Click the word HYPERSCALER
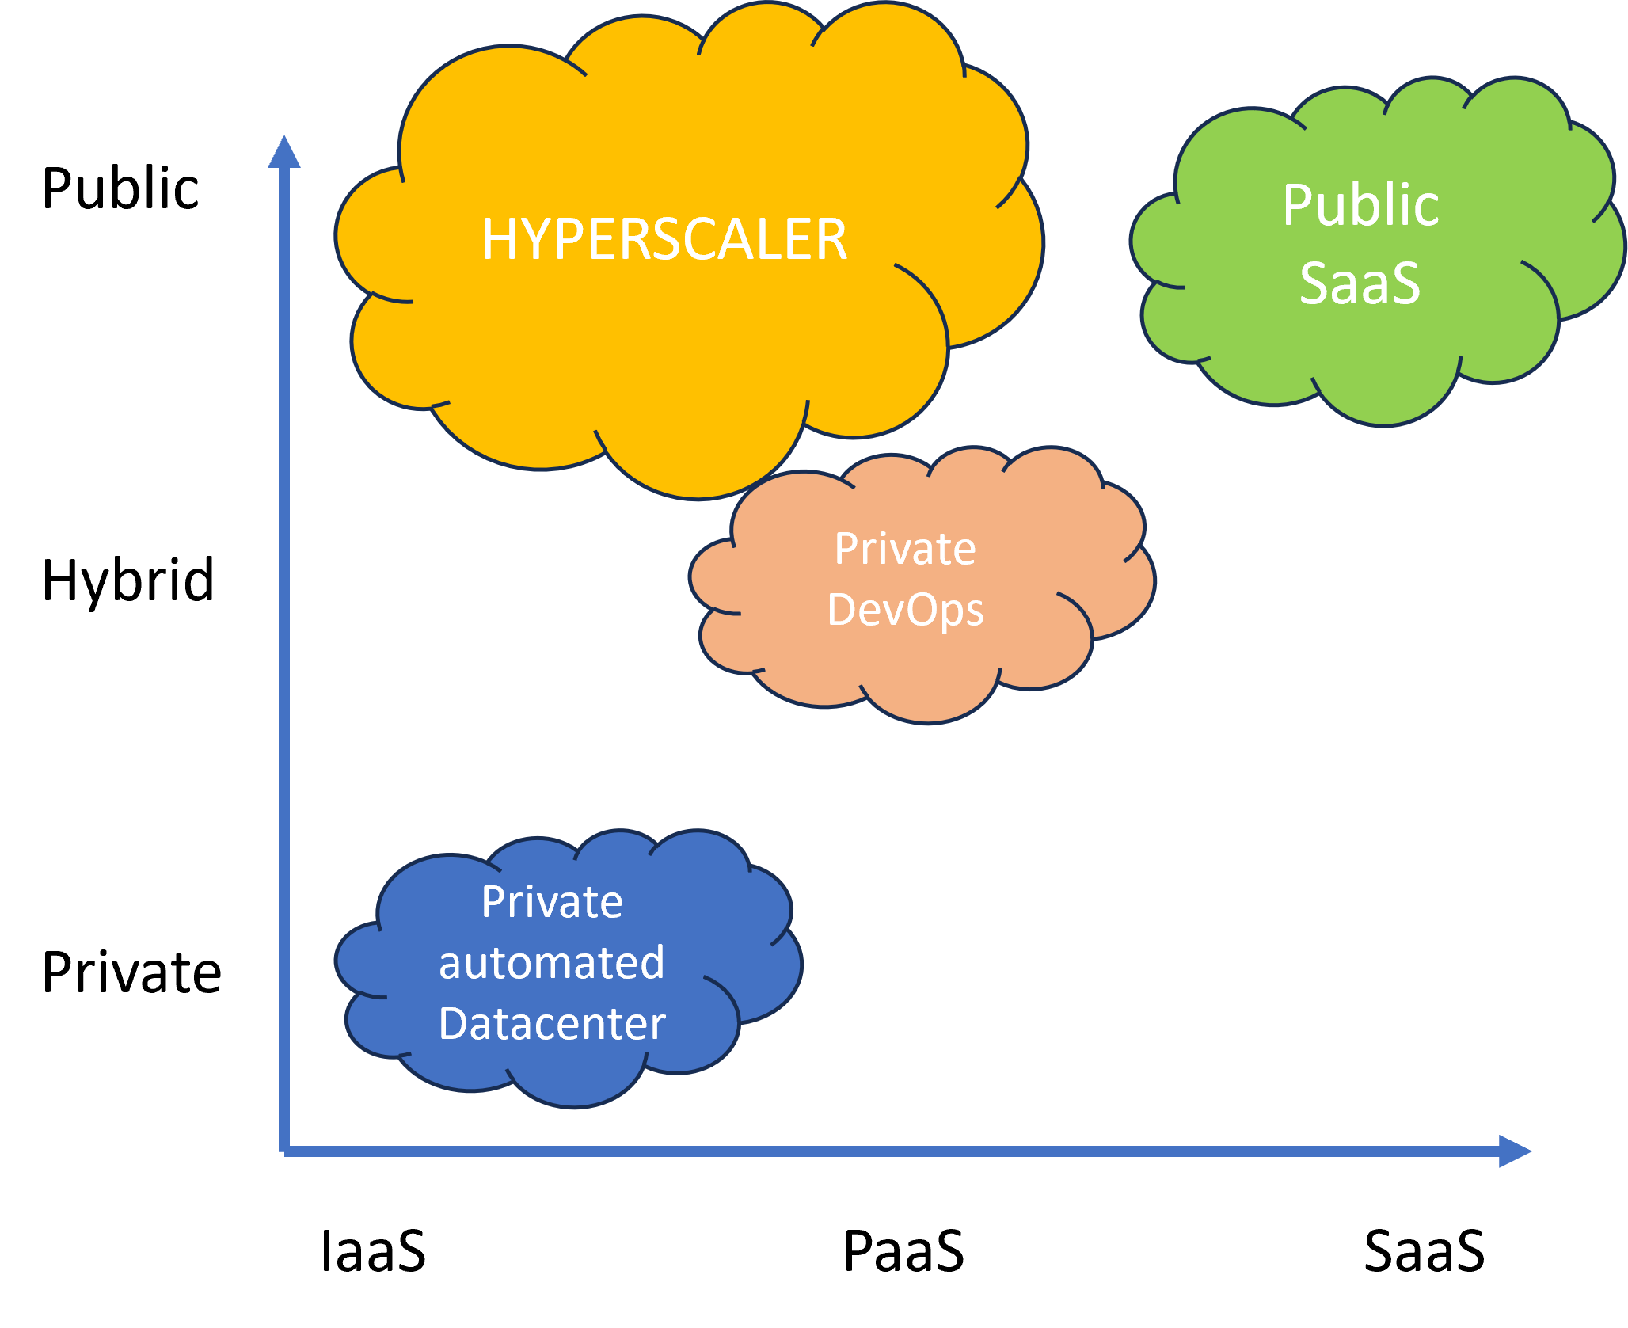tap(664, 239)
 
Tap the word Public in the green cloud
tap(1360, 206)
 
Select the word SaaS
tap(1360, 283)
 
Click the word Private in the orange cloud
tap(905, 549)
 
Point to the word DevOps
tap(905, 611)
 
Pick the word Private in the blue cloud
tap(552, 902)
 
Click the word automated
tap(552, 963)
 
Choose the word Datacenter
tap(552, 1024)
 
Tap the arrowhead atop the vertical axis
tap(284, 152)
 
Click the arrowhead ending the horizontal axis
tap(1514, 1151)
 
